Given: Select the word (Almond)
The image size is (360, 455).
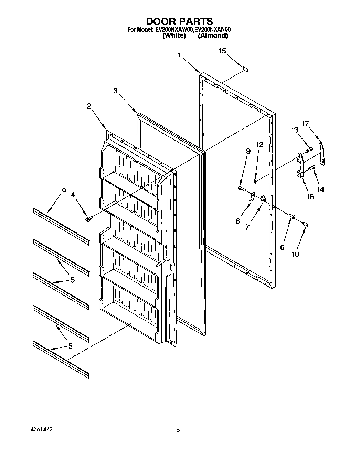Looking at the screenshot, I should coord(213,35).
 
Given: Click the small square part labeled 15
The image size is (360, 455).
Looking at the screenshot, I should coord(245,69).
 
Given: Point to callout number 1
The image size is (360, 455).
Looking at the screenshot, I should coord(179,54).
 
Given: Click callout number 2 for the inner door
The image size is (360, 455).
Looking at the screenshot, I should coord(89,106).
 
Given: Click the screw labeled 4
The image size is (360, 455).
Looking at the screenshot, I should coord(89,219).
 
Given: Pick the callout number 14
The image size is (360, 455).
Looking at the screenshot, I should coord(321,189).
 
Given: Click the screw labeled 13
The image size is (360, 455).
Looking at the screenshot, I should coord(309,149).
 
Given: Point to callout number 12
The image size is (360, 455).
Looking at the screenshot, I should coord(259,144).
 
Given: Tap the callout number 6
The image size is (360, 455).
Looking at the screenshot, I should coord(283,247).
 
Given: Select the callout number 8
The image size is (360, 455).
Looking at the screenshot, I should coord(237,221).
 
